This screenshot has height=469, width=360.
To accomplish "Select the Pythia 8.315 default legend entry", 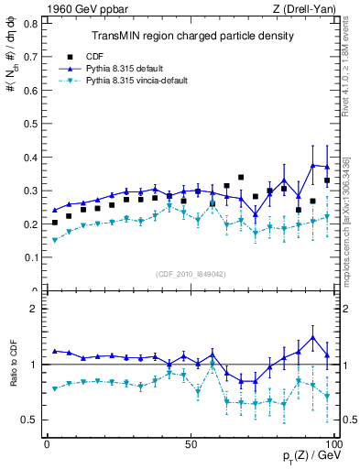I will click(x=119, y=68).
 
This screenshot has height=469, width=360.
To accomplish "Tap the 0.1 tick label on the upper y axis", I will click(x=30, y=257).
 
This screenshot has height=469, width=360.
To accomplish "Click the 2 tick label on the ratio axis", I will click(x=35, y=309).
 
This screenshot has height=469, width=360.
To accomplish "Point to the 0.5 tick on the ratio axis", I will click(x=30, y=420).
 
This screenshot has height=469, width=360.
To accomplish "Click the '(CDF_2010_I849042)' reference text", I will click(x=191, y=273).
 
